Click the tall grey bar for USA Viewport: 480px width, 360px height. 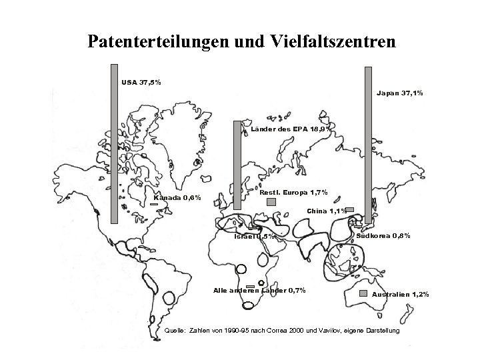tap(113, 143)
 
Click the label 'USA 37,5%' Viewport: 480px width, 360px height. tap(141, 82)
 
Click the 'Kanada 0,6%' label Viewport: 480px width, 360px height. tap(177, 197)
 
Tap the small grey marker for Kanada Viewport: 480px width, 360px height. tap(153, 204)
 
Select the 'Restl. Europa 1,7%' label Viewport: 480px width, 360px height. tap(293, 193)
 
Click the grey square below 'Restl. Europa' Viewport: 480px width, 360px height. tap(271, 202)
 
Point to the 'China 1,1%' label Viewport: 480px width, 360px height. tap(326, 211)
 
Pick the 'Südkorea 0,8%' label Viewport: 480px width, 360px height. tap(384, 237)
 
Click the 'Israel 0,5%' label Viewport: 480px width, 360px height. tap(254, 237)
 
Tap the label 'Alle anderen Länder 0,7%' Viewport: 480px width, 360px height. tap(259, 289)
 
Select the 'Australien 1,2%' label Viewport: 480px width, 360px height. tap(400, 294)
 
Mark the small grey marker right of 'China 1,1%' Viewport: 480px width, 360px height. tap(349, 209)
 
